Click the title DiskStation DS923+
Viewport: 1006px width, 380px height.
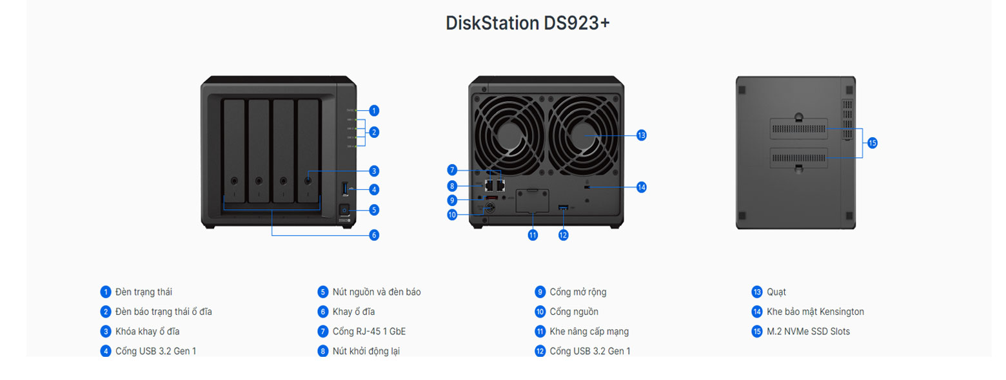(x=528, y=23)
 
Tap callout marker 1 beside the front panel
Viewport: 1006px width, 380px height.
(x=374, y=110)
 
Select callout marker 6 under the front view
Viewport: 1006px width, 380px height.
(x=374, y=235)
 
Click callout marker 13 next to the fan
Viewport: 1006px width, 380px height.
(x=641, y=135)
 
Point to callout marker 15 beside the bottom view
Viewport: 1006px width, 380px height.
(x=872, y=143)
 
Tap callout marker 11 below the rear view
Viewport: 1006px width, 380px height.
(x=533, y=235)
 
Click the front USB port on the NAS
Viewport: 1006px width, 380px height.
(x=344, y=189)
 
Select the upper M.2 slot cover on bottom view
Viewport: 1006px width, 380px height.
(x=798, y=129)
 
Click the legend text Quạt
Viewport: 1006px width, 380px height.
(x=776, y=292)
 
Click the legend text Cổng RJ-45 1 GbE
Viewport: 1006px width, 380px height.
(x=369, y=332)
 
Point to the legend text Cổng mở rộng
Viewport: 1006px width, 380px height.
(x=578, y=292)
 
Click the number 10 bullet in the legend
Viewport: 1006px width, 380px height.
(x=540, y=312)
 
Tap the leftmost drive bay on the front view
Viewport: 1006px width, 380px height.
(x=234, y=155)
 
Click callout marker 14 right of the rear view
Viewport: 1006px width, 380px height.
(x=641, y=187)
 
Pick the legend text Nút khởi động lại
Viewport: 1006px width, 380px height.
(x=370, y=351)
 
